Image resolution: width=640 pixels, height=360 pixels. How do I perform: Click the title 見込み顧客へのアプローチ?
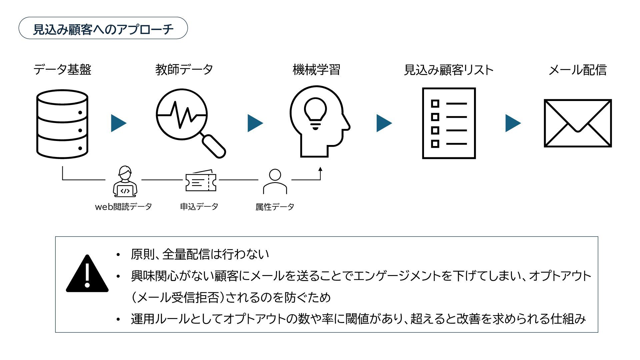click(103, 29)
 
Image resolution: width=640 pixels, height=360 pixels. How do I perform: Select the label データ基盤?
click(62, 70)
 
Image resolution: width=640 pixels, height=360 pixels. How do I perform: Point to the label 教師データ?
click(184, 70)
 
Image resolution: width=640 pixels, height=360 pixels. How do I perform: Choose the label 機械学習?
click(316, 70)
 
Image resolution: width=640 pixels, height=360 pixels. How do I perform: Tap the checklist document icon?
click(449, 123)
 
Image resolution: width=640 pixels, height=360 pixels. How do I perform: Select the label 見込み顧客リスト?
click(449, 70)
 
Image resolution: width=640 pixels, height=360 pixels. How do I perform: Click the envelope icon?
click(578, 123)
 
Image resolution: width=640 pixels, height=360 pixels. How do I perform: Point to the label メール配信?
click(578, 70)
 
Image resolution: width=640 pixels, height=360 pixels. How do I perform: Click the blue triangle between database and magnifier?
click(118, 123)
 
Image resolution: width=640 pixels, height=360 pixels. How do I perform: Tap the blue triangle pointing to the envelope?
click(513, 123)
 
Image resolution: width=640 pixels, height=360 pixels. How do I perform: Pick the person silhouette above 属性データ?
click(275, 181)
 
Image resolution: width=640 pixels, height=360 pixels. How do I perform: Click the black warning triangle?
click(87, 274)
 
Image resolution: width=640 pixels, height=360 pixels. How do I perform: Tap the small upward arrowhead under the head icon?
click(320, 169)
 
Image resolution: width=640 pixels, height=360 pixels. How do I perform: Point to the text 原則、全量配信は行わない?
click(200, 254)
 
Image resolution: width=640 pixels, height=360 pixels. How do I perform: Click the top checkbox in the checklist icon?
click(435, 104)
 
